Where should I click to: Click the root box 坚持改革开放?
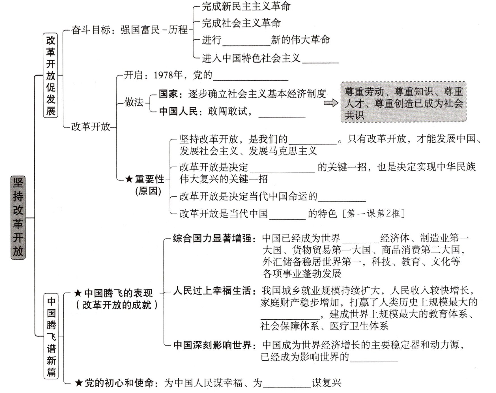click(x=18, y=217)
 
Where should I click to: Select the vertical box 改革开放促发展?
click(x=51, y=75)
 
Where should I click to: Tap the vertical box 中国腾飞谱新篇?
click(x=51, y=336)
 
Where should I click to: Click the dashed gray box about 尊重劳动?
click(x=403, y=102)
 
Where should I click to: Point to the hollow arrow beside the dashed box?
click(x=331, y=103)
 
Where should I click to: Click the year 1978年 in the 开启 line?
click(x=168, y=75)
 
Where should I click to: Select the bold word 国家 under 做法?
click(x=168, y=94)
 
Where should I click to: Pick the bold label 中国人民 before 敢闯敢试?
click(x=178, y=111)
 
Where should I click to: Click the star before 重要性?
click(x=129, y=179)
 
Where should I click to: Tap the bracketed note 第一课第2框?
click(x=374, y=213)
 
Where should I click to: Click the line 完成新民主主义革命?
click(x=246, y=7)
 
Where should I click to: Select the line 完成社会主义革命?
click(x=241, y=23)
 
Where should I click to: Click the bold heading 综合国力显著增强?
click(x=212, y=238)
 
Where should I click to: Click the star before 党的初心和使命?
click(x=78, y=383)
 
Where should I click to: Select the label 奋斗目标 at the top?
click(x=91, y=30)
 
